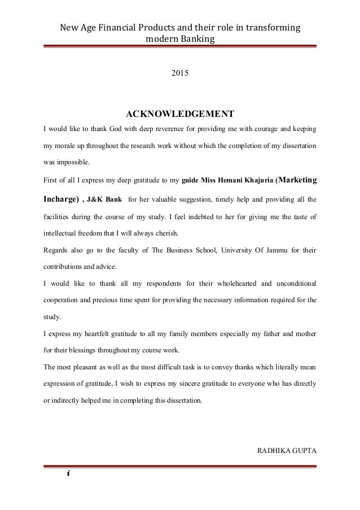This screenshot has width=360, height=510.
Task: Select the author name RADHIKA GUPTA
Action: tap(287, 450)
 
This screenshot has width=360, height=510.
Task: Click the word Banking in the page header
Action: tap(198, 39)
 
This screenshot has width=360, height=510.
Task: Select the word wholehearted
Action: tap(231, 282)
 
